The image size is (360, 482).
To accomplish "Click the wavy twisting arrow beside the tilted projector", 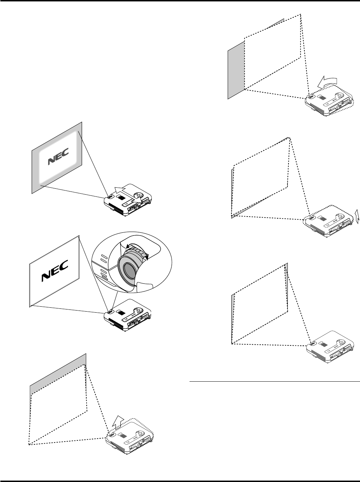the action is pyautogui.click(x=356, y=215).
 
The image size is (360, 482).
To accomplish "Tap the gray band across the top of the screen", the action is pyautogui.click(x=58, y=374).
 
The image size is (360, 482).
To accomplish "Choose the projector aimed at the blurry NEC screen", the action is pyautogui.click(x=127, y=199).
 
